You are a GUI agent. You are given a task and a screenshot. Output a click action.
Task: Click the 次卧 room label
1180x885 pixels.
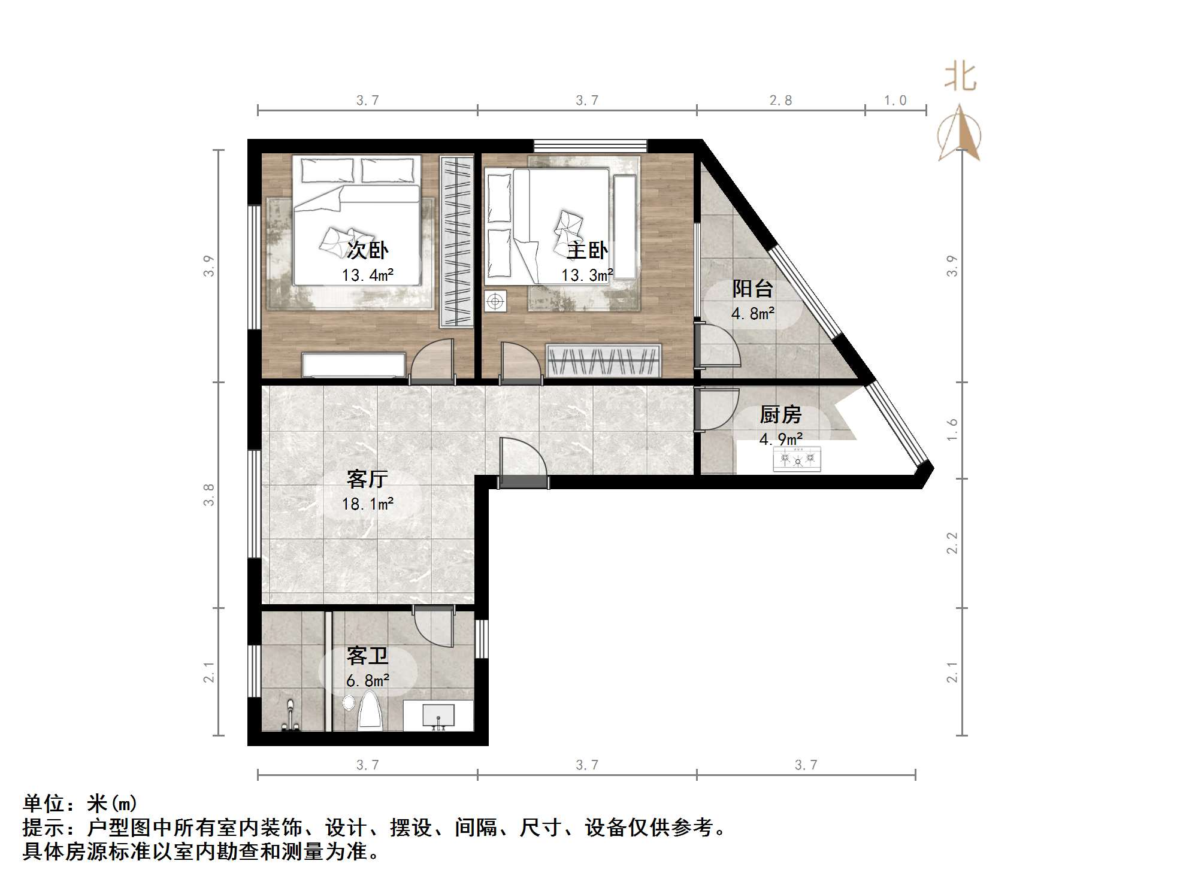tap(367, 250)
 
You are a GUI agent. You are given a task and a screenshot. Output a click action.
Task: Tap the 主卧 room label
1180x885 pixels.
tap(587, 250)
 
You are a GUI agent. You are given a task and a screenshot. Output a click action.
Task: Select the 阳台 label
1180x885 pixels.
tap(752, 289)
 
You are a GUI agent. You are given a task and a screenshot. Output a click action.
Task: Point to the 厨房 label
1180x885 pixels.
tap(780, 414)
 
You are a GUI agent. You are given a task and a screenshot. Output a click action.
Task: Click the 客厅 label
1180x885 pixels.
tap(367, 479)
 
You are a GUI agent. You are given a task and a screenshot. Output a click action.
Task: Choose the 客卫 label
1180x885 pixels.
tap(367, 656)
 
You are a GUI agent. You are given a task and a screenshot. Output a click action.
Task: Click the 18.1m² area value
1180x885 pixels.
tap(367, 504)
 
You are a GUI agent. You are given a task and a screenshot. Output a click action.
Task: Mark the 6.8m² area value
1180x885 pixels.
tap(367, 681)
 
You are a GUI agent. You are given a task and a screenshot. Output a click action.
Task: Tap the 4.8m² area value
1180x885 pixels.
tap(752, 313)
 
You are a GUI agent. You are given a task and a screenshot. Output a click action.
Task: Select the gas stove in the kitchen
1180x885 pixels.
tap(797, 459)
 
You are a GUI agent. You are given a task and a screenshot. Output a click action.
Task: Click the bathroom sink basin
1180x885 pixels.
tap(438, 715)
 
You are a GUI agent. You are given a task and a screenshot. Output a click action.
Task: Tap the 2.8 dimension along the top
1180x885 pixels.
tap(780, 101)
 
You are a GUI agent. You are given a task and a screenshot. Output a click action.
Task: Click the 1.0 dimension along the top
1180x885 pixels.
tap(895, 101)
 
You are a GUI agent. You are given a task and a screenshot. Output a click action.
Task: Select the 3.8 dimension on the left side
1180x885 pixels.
tap(208, 495)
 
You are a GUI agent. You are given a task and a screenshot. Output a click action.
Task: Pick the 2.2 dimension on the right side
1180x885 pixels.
tap(952, 543)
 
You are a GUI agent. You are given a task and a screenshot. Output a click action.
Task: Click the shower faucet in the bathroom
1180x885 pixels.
tap(291, 717)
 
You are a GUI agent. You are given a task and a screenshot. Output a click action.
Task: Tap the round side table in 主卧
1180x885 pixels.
tap(495, 301)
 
